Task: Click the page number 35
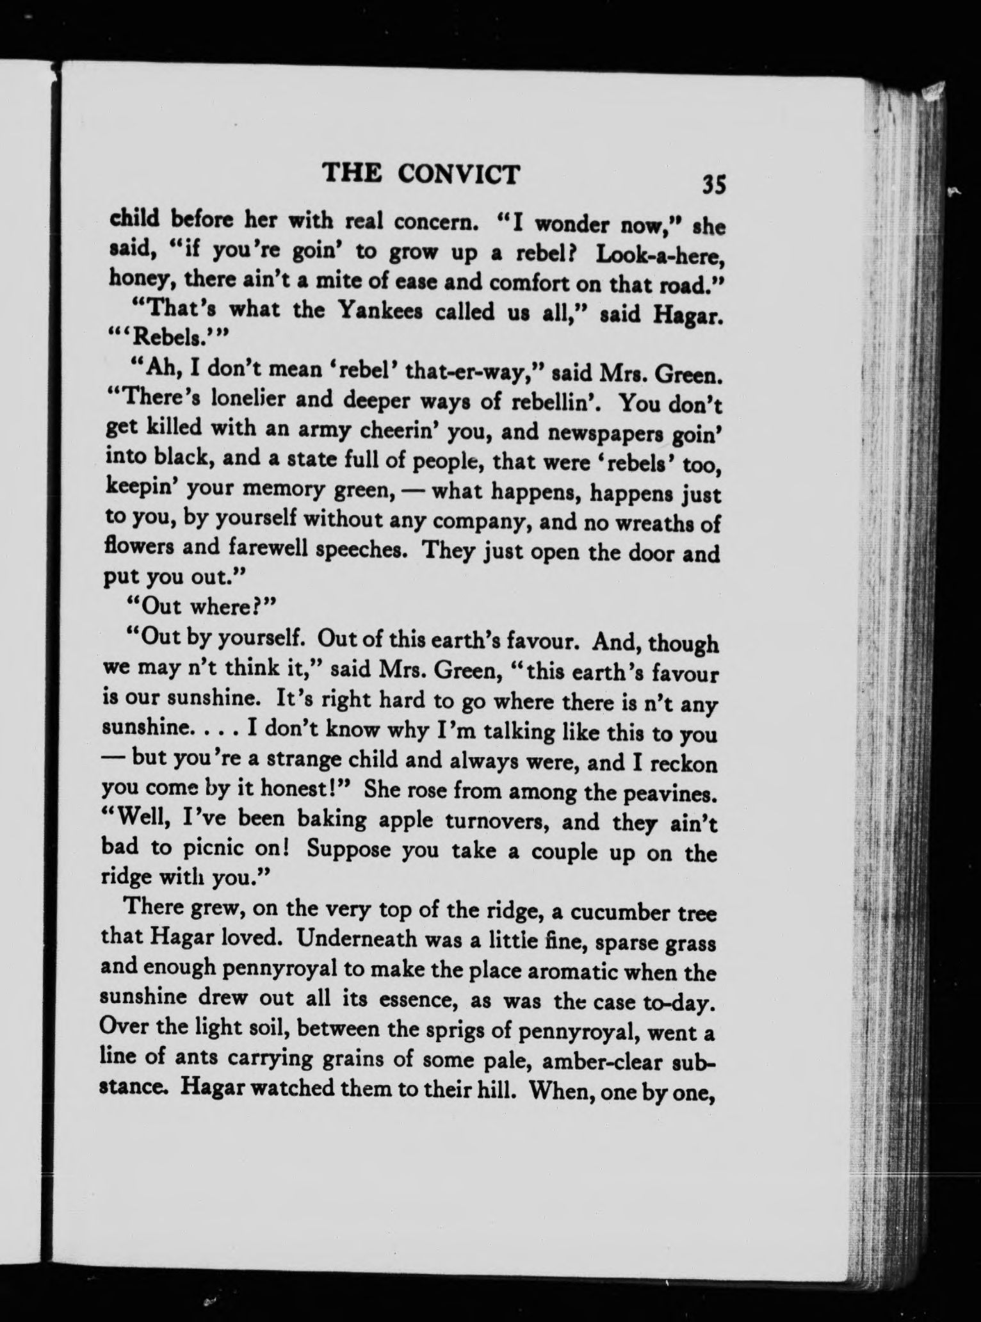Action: pyautogui.click(x=713, y=184)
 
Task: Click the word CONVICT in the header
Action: pyautogui.click(x=458, y=174)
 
